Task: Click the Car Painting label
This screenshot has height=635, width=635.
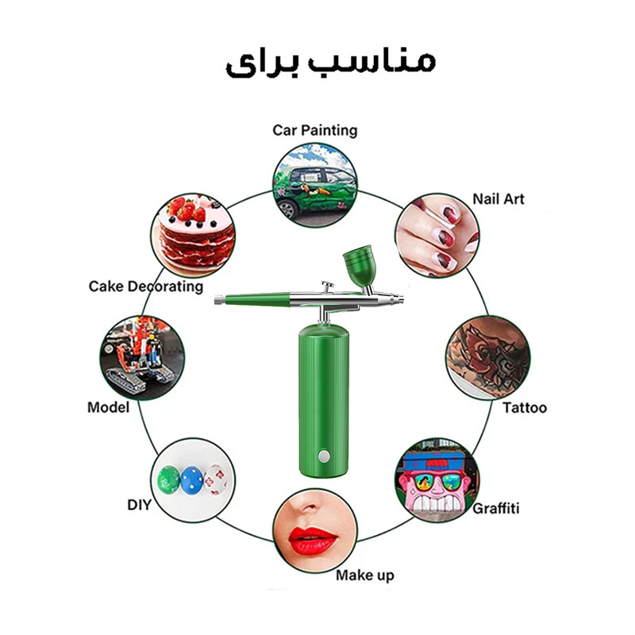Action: [x=314, y=130]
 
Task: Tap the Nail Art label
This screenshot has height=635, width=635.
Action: [x=498, y=199]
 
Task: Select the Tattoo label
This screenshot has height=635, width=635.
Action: [x=525, y=407]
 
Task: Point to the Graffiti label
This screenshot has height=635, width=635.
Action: [x=495, y=508]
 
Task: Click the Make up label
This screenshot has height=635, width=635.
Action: [x=365, y=575]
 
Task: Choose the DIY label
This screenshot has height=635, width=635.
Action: [x=140, y=505]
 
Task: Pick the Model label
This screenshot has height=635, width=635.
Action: [x=108, y=407]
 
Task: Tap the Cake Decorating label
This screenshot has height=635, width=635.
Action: [x=146, y=287]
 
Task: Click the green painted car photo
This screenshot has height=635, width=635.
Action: [x=314, y=185]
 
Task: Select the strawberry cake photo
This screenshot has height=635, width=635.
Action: [x=193, y=235]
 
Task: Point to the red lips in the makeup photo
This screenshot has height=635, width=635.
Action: [x=313, y=541]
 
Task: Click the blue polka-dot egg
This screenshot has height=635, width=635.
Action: [x=191, y=480]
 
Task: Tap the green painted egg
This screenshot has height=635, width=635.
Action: [x=168, y=480]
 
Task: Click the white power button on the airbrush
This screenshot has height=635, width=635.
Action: [x=324, y=456]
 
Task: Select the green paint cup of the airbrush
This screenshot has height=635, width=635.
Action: [x=360, y=265]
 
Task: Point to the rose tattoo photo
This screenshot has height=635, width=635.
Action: [x=488, y=358]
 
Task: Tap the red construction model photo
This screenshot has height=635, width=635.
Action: [x=142, y=358]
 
